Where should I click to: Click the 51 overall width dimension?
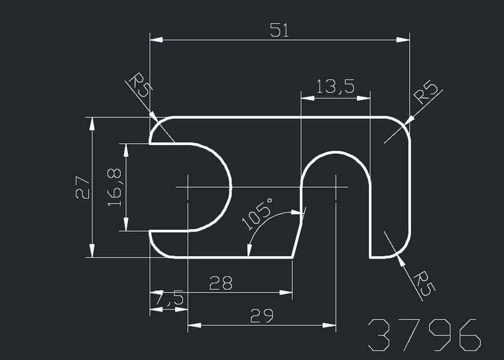[x=280, y=31]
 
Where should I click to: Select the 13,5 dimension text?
[x=335, y=88]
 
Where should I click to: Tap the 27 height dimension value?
[x=82, y=187]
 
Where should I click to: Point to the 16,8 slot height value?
[x=116, y=187]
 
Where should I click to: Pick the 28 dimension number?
[x=221, y=283]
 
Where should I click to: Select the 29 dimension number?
[x=261, y=316]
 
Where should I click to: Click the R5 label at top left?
[x=140, y=86]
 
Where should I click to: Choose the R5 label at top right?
[x=427, y=91]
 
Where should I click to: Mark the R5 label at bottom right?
[x=424, y=282]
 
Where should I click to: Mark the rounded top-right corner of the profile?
[x=402, y=124]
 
